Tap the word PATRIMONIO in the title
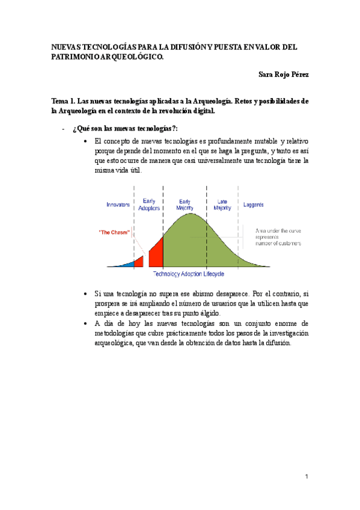(75, 56)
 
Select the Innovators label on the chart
(118, 204)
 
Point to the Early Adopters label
(149, 204)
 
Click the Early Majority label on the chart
(185, 204)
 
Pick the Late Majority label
(222, 204)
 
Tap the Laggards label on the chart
(254, 204)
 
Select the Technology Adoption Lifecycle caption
(189, 274)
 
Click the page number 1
(306, 477)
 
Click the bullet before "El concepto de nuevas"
(87, 141)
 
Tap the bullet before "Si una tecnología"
(87, 293)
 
